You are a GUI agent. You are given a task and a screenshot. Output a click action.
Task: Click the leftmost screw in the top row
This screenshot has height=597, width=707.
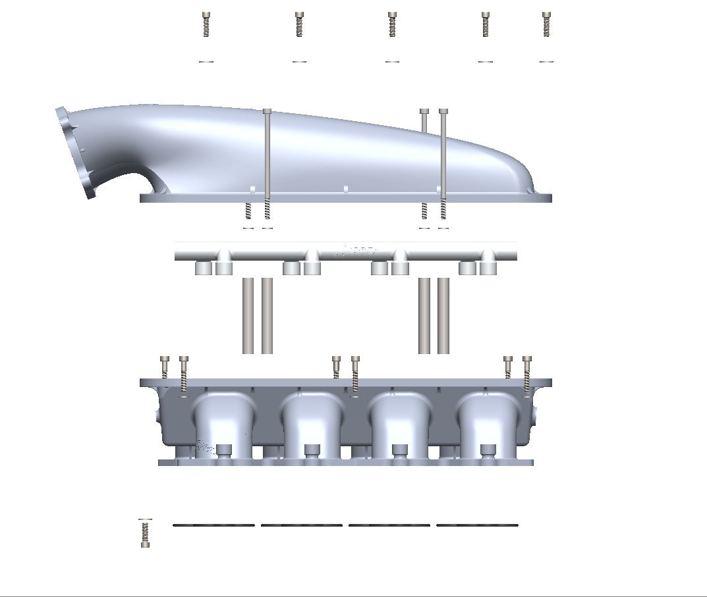point(206,24)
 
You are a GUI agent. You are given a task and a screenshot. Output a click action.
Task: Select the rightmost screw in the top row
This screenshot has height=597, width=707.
point(546,24)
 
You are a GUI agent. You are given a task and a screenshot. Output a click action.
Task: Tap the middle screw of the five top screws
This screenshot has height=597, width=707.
point(392,24)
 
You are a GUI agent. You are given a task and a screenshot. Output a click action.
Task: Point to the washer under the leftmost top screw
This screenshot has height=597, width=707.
point(206,61)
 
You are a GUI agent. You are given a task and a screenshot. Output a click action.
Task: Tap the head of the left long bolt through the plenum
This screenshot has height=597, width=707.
point(267,112)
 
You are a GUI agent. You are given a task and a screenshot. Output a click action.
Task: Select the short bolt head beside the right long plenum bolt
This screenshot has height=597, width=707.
point(424,112)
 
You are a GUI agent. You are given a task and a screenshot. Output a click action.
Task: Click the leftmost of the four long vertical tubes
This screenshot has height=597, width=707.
point(248,315)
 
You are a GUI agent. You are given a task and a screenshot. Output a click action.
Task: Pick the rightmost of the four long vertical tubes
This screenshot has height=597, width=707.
point(443,315)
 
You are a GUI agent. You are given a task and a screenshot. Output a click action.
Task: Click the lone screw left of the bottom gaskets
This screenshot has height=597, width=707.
point(145,532)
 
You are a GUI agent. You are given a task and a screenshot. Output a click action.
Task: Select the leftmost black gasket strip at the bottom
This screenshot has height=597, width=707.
point(213,525)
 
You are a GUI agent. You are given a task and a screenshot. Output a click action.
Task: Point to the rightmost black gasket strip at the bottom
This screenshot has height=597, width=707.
point(477,525)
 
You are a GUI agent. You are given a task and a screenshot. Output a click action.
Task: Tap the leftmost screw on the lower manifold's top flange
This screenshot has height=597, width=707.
point(165,365)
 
